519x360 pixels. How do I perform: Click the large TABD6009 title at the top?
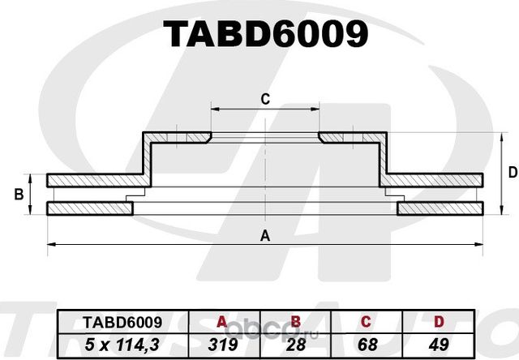265,33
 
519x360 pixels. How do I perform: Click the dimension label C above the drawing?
264,100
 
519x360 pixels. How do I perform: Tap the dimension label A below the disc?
264,236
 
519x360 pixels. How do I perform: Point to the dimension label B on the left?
17,195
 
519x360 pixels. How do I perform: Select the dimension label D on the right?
512,172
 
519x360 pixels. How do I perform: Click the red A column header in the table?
217,322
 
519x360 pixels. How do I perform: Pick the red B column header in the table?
296,322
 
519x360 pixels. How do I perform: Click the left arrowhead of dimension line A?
51,242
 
